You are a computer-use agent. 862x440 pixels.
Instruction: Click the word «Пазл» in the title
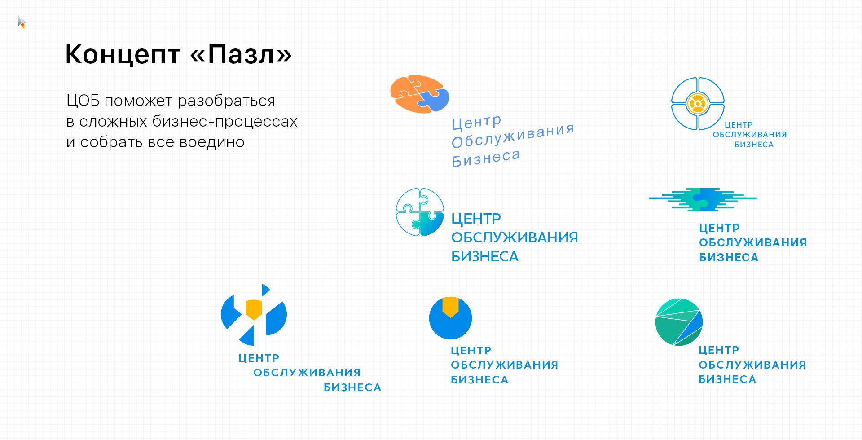(241, 55)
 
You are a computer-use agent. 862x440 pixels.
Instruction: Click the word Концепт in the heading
(123, 55)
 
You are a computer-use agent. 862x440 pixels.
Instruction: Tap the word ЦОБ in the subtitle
(83, 101)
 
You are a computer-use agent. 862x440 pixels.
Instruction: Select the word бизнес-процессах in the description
(225, 121)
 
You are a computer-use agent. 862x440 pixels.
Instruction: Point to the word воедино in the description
(212, 142)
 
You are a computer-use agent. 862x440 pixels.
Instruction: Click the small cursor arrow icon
(22, 22)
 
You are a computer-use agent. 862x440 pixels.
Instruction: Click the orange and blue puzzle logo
(420, 94)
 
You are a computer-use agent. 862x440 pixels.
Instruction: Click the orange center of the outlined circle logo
(698, 104)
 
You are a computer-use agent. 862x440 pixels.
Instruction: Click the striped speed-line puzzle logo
(703, 200)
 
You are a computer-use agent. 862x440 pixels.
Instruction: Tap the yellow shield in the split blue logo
(254, 309)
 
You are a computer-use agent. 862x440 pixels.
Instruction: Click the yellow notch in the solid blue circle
(450, 307)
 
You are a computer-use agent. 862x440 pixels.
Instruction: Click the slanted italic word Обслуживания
(513, 136)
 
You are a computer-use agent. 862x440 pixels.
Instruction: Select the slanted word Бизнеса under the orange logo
(486, 158)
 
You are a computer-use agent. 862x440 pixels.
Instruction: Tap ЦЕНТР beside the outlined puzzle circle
(476, 219)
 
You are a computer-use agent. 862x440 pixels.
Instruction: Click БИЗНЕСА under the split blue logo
(352, 387)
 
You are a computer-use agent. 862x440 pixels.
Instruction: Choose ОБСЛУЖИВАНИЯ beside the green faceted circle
(752, 365)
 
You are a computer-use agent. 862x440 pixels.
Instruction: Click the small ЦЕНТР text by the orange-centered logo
(739, 125)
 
